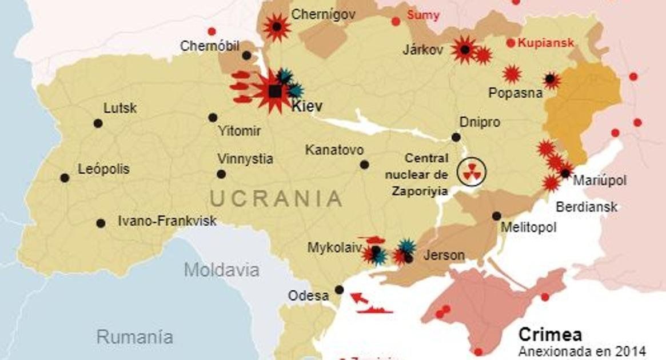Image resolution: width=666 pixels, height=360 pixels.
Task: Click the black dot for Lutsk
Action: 98,123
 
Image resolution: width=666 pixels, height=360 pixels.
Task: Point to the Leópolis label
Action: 103,169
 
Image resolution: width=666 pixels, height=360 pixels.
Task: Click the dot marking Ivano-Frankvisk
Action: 101,223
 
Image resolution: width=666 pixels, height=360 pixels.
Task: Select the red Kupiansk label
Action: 545,43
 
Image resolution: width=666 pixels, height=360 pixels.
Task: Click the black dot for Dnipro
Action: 456,137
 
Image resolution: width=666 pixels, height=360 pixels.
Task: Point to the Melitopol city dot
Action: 496,216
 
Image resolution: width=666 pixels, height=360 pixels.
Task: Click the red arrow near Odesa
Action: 359,298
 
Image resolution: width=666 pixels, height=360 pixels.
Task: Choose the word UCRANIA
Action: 276,199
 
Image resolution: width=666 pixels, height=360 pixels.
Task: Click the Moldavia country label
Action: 221,270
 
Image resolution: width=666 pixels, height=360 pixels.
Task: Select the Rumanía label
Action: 134,336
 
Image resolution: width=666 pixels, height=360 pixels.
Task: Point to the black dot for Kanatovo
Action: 364,165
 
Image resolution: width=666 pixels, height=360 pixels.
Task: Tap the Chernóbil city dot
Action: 246,55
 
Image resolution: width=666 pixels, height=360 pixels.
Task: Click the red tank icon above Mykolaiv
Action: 371,241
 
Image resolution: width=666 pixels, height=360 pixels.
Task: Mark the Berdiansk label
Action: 587,206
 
